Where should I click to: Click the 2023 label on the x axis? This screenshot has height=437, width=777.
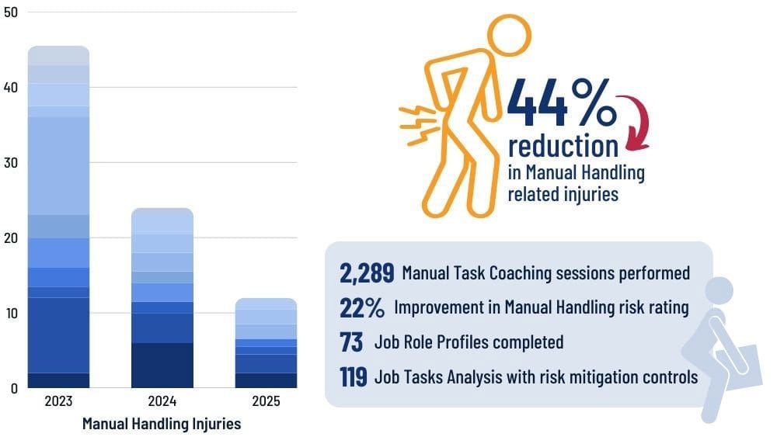click(x=58, y=401)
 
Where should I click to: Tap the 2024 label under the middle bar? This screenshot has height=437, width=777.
click(x=162, y=401)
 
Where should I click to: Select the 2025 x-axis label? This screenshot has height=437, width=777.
click(x=266, y=401)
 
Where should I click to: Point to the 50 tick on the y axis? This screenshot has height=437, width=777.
click(x=11, y=12)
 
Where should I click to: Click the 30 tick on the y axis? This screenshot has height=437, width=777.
click(x=11, y=163)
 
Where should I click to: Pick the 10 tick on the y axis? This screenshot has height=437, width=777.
click(x=11, y=313)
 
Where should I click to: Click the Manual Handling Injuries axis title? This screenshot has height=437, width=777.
click(x=162, y=424)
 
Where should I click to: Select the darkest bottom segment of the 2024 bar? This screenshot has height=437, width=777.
click(x=162, y=366)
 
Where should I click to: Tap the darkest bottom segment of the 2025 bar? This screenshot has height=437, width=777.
click(x=266, y=380)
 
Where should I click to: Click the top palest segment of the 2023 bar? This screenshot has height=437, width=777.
click(x=58, y=55)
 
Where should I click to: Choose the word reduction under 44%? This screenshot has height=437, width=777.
click(x=563, y=146)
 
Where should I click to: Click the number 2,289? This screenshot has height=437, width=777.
click(x=367, y=273)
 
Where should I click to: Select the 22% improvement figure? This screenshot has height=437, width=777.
click(x=362, y=308)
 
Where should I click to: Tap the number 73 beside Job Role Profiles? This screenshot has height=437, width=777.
click(x=352, y=342)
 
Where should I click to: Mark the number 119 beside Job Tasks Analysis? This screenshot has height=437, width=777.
click(x=354, y=377)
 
